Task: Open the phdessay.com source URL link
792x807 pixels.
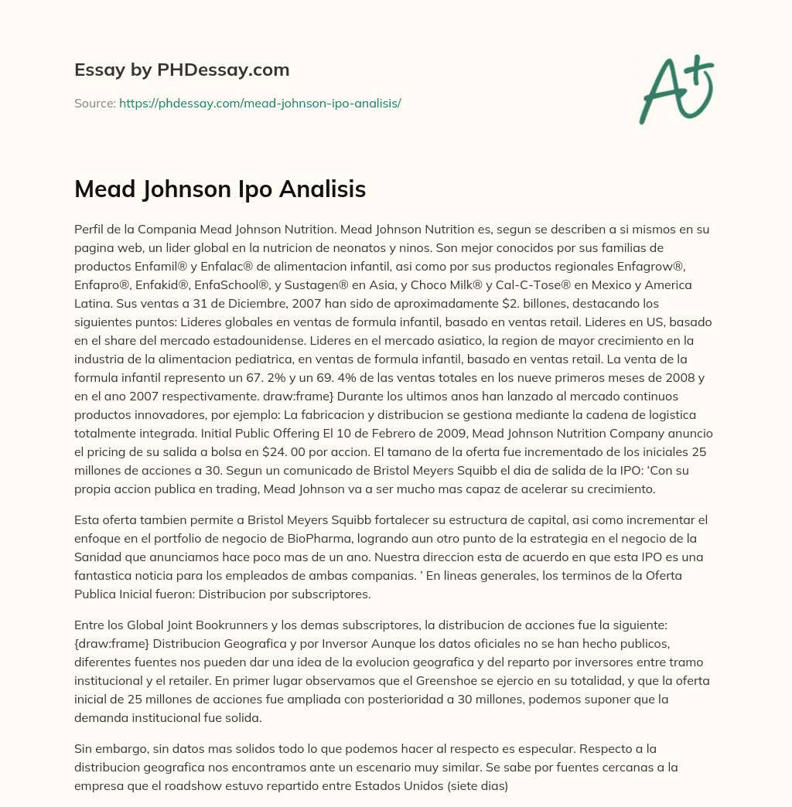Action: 260,103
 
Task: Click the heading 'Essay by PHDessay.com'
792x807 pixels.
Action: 182,70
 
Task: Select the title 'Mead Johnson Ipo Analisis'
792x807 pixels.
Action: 220,189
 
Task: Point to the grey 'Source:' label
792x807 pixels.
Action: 94,103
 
